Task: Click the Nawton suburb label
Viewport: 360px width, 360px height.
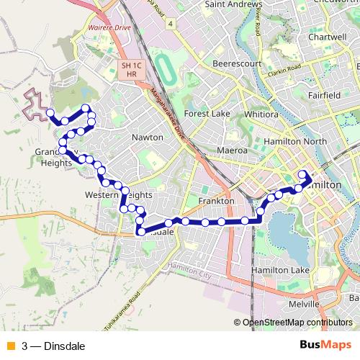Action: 147,137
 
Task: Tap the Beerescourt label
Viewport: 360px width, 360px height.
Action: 235,63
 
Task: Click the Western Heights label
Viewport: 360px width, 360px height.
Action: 118,195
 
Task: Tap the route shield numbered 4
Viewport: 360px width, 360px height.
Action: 170,24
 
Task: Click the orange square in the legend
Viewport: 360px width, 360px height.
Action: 9,346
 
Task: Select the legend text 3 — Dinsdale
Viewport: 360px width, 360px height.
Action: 54,346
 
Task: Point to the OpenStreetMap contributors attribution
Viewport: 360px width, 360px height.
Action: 297,323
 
